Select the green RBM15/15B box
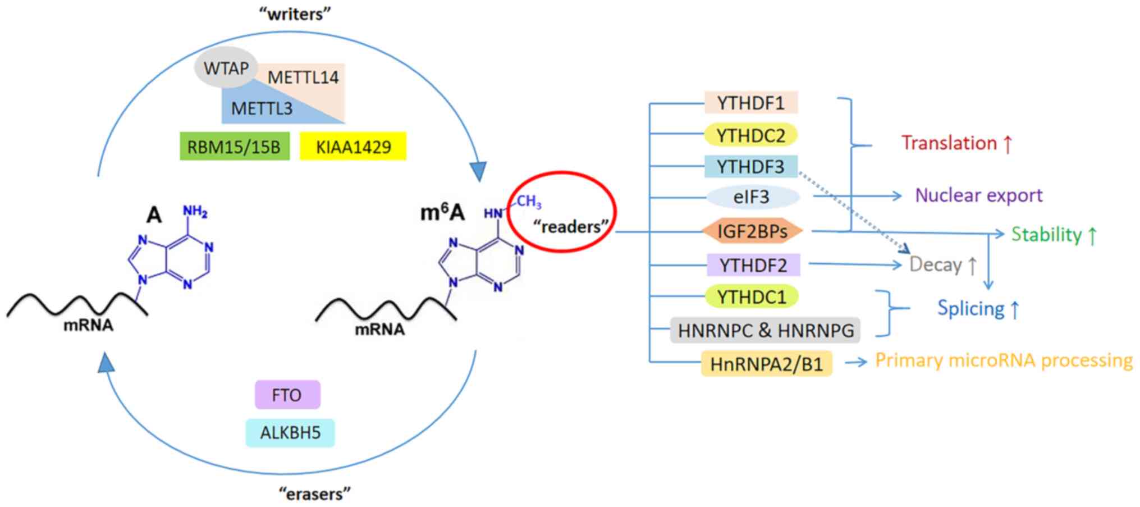(x=234, y=147)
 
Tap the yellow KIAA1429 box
(x=353, y=147)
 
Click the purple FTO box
(x=287, y=395)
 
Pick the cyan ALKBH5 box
(x=290, y=433)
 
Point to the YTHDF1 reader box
(x=751, y=103)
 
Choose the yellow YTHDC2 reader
(x=751, y=135)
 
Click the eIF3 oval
(x=752, y=197)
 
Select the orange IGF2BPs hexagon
(x=752, y=231)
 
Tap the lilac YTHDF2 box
(x=753, y=265)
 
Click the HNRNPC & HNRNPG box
(x=765, y=330)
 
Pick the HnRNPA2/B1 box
(x=766, y=364)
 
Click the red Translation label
(x=956, y=143)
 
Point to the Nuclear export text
(x=978, y=195)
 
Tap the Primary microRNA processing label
(x=1004, y=360)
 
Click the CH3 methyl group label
(x=529, y=202)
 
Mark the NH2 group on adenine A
(x=195, y=211)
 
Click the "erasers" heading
(x=314, y=494)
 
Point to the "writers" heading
(x=295, y=14)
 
